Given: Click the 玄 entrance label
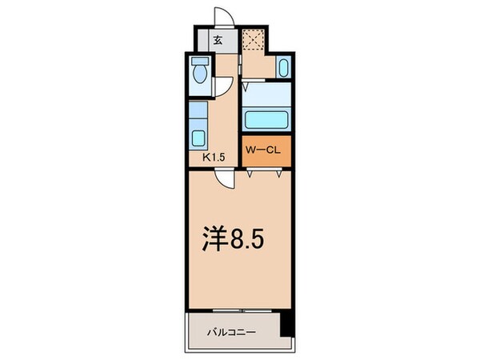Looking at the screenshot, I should [x=216, y=40].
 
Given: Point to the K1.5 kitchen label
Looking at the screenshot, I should [x=213, y=158].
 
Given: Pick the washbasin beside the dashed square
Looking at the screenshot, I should [x=285, y=67].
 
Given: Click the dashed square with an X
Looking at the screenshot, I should [x=254, y=41].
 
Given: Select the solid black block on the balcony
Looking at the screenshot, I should [x=287, y=326].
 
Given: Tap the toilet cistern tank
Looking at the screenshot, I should [x=201, y=61].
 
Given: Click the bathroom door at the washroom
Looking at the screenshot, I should [x=253, y=83].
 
